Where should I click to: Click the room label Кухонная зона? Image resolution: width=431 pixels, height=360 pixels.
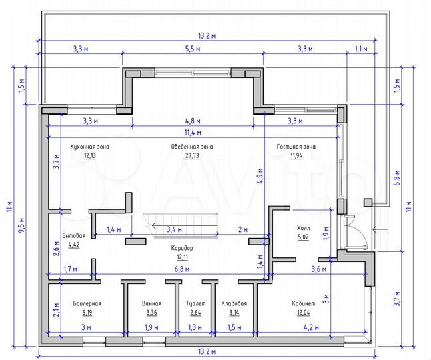coord(90,146)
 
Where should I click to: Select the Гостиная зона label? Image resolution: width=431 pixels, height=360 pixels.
coord(297,146)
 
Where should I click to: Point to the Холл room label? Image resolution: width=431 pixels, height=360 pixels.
coord(303,228)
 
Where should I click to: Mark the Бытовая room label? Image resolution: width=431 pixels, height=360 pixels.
coord(73,236)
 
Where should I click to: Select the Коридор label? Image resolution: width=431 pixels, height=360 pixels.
coord(183,247)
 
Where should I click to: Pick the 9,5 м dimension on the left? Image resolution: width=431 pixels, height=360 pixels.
coord(21,227)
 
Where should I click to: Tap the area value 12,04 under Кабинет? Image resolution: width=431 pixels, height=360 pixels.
coord(303,312)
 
